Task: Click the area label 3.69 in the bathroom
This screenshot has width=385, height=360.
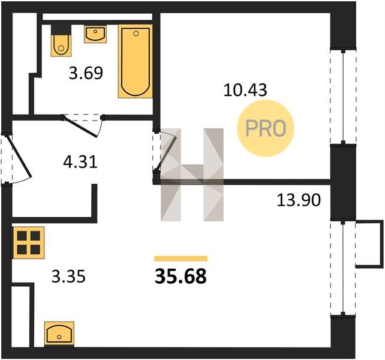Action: [86, 73]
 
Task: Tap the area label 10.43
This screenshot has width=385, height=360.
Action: [245, 90]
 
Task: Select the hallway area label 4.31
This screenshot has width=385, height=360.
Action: [80, 162]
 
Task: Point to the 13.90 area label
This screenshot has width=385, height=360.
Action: [299, 200]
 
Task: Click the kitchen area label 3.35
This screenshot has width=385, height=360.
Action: [68, 276]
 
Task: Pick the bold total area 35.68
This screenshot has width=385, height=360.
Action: [181, 276]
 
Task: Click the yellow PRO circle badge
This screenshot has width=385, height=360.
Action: [266, 128]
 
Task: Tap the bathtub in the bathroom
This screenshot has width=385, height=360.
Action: [135, 61]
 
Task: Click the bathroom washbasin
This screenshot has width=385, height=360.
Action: [95, 34]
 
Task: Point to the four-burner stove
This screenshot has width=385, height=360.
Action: [28, 243]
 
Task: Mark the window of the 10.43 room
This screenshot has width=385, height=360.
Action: [343, 97]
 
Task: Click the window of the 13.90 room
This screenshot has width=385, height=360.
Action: [343, 268]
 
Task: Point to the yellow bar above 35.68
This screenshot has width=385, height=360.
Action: [181, 258]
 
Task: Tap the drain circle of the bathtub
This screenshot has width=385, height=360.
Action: [136, 34]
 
